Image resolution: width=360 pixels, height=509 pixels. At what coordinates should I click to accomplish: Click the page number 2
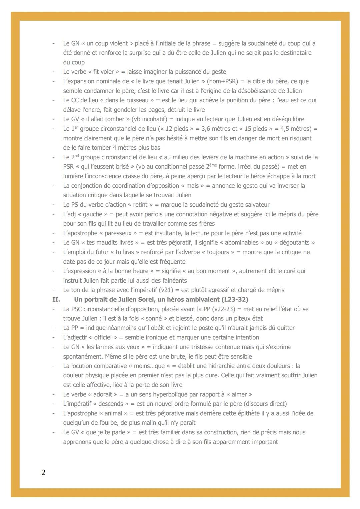(x=43, y=472)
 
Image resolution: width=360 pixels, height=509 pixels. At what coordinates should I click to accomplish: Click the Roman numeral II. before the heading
(x=56, y=299)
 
